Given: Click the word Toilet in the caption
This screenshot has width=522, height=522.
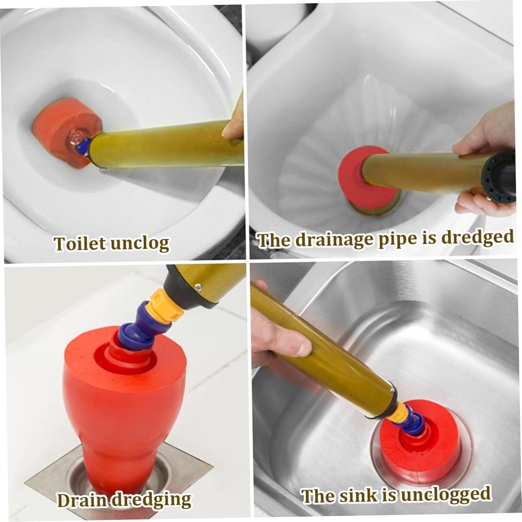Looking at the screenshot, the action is click(x=80, y=243).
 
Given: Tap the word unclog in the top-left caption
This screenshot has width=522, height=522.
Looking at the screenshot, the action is click(x=140, y=244).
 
